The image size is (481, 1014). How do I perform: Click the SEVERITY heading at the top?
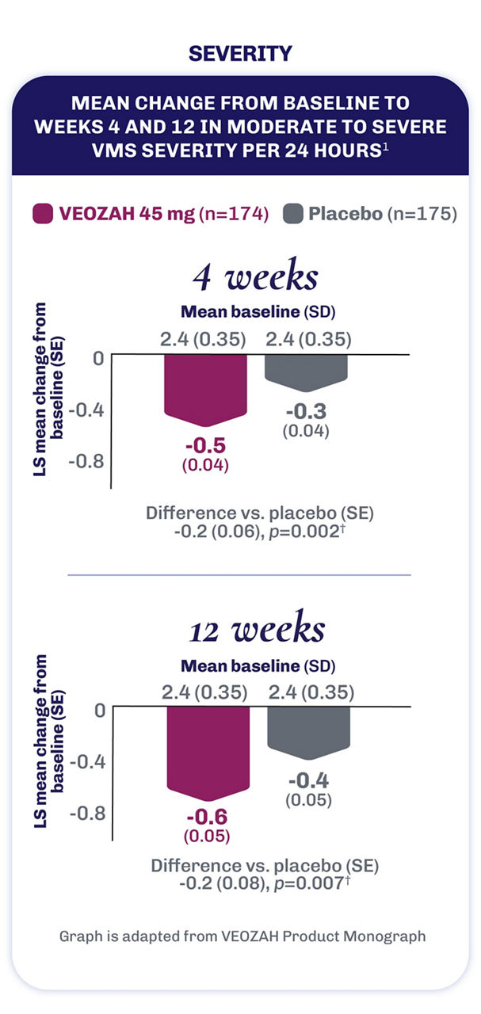click(240, 54)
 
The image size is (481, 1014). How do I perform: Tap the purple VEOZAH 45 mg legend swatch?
click(42, 213)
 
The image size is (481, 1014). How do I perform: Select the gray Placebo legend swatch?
click(294, 213)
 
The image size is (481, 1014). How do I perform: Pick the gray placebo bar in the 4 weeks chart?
click(305, 371)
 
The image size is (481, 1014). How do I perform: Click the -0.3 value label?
click(305, 412)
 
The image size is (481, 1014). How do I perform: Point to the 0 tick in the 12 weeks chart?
click(99, 710)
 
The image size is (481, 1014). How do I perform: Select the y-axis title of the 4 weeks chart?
click(57, 369)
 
